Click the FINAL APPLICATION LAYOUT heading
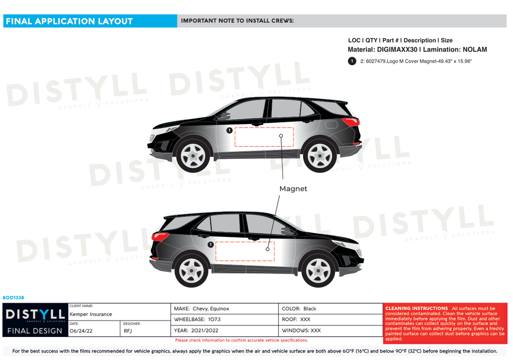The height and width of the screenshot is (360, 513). [x=69, y=21]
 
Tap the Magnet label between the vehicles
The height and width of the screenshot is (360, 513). [x=293, y=189]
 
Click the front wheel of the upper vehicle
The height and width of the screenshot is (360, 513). [x=193, y=156]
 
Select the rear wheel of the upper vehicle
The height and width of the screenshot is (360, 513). [x=320, y=156]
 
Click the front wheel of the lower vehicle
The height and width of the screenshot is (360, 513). [x=318, y=270]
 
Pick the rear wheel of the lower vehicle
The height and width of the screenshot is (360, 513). [x=191, y=270]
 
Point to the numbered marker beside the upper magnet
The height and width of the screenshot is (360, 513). [x=229, y=130]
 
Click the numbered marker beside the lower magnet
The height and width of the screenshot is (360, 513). [x=210, y=244]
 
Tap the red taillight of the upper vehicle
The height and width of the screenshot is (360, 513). [x=351, y=122]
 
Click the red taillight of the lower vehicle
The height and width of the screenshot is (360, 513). [x=160, y=237]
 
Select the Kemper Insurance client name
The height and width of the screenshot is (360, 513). [x=91, y=314]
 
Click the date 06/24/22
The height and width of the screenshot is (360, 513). [x=81, y=331]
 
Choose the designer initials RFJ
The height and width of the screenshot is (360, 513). [x=128, y=331]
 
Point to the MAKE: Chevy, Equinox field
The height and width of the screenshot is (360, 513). [x=201, y=309]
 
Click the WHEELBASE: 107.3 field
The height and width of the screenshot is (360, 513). [x=197, y=319]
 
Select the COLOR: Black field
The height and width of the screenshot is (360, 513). [x=299, y=309]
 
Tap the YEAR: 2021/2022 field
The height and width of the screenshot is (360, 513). [x=196, y=330]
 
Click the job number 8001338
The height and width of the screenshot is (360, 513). [x=14, y=297]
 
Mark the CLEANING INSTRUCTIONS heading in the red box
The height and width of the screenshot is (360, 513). [x=416, y=308]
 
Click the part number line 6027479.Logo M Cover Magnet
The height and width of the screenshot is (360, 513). [x=416, y=61]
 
